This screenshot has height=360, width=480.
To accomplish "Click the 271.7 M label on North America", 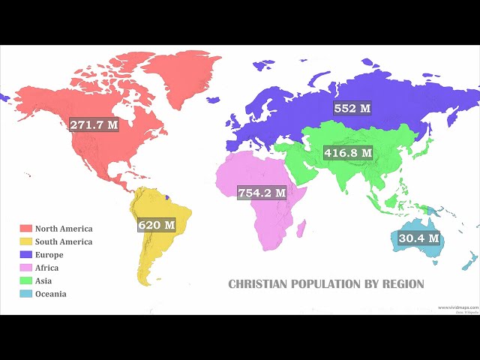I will pos(94,124).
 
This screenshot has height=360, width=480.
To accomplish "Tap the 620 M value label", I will pos(156,224).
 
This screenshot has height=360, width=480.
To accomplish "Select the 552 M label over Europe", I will pos(352,108).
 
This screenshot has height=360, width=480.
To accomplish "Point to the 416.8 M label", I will pos(348,152).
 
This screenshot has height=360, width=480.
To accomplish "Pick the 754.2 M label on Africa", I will pos(262,193).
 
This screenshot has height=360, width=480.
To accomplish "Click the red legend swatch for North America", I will pos(25,229).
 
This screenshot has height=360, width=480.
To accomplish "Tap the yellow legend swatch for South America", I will pos(25,241).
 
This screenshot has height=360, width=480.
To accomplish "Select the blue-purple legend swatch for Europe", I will pos(25,255).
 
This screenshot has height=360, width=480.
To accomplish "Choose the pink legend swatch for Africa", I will pos(25,268).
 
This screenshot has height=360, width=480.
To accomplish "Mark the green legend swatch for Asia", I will pos(25,280).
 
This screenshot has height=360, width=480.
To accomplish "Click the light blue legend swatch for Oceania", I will pos(25,293).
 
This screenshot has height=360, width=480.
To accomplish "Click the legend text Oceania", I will pos(50,293).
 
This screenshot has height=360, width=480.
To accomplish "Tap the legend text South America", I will pos(63,241).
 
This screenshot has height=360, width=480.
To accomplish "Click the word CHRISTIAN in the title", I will pos(255,284).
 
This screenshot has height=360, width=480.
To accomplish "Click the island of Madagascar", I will pos(301,227).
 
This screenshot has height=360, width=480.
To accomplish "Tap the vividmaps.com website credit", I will pos(457,307).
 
